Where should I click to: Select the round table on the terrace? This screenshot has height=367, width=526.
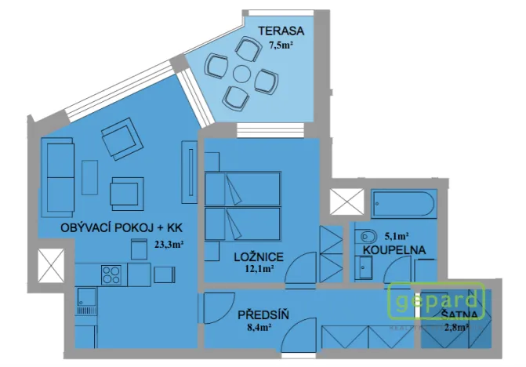click(x=242, y=76)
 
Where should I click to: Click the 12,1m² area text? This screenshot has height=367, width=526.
click(x=259, y=269)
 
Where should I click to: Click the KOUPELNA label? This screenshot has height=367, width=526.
click(x=394, y=249)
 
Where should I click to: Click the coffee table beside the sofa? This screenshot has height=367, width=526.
click(x=89, y=178)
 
